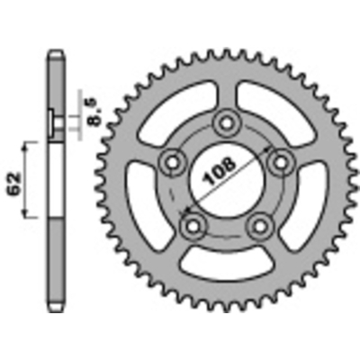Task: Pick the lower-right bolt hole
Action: pyautogui.click(x=260, y=228)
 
